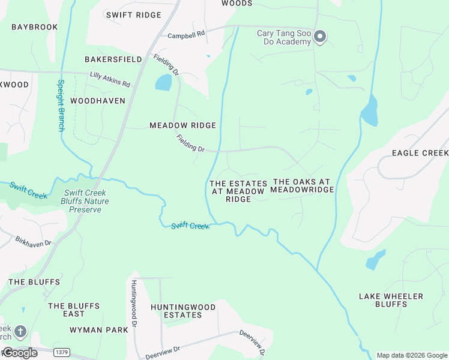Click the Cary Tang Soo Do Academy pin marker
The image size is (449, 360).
[320, 37]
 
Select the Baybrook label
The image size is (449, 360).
[34, 27]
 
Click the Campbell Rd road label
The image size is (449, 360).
[186, 36]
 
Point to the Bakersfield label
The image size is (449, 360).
[113, 59]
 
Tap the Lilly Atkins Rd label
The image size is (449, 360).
[110, 79]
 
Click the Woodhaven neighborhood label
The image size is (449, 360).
[98, 101]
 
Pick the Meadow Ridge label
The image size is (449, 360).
[182, 125]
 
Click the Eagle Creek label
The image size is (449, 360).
[420, 153]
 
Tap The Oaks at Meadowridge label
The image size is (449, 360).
[302, 185]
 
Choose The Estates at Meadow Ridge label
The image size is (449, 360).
[238, 191]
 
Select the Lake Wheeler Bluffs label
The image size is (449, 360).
[391, 300]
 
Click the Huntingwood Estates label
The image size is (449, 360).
[183, 311]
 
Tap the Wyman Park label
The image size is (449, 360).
[99, 330]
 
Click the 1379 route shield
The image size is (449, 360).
[60, 352]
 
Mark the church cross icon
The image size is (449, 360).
[20, 331]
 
